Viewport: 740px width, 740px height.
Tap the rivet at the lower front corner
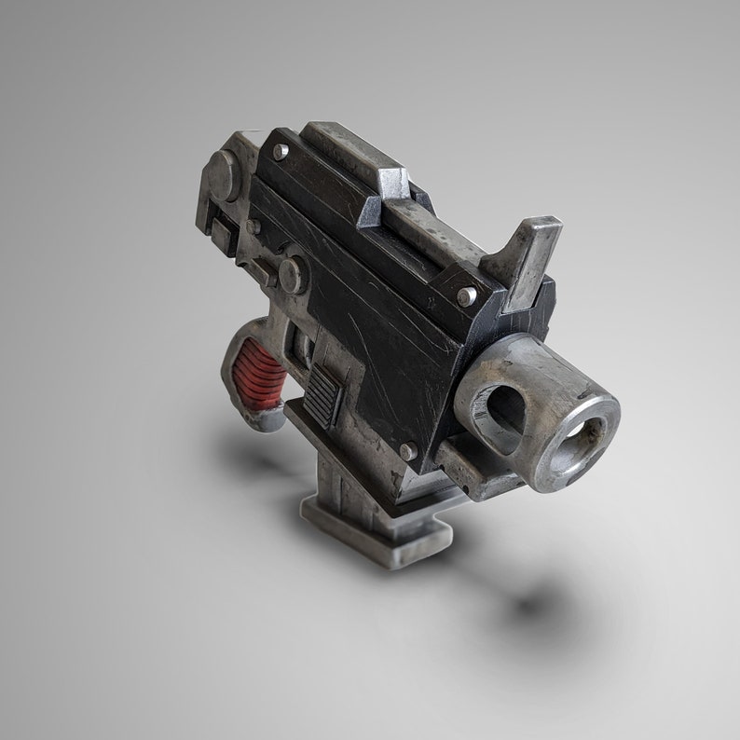pyautogui.click(x=407, y=450)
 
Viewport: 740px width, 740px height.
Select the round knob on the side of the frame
pyautogui.click(x=291, y=272)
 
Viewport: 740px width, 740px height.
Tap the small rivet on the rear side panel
pyautogui.click(x=252, y=226)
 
